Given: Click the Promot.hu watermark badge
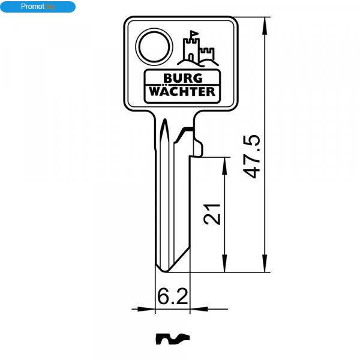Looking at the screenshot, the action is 38,7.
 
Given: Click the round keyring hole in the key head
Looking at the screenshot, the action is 154,47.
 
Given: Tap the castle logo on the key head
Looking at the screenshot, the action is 198,49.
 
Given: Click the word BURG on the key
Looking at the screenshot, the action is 183,78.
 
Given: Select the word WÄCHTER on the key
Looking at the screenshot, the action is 182,91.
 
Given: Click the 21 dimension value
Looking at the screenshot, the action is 212,214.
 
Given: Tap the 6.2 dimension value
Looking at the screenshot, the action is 173,296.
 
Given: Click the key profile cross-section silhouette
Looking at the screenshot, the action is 173,339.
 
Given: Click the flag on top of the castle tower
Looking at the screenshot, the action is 194,33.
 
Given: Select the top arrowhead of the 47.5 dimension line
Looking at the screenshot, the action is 265,26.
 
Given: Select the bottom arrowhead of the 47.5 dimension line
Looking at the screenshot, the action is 265,263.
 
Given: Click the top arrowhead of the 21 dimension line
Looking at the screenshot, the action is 224,166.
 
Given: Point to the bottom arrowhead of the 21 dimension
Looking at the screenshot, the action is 224,263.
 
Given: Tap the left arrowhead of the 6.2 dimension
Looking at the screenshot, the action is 146,309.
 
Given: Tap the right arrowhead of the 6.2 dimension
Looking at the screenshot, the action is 199,309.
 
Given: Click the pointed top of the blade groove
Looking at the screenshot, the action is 164,119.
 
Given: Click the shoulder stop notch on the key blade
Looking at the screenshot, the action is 198,149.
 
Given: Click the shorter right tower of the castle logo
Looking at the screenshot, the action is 207,55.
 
